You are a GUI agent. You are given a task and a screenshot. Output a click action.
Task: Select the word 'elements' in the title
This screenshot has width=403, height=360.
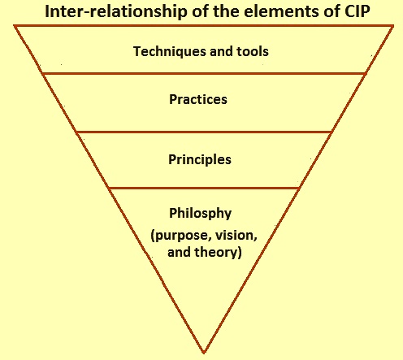click(x=278, y=11)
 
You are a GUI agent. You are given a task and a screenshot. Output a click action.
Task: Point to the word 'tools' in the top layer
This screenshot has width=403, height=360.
click(x=253, y=51)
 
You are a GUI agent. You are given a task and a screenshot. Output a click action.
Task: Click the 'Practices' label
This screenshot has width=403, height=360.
click(x=198, y=99)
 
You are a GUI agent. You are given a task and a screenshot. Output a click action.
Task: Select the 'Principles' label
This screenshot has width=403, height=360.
click(x=200, y=159)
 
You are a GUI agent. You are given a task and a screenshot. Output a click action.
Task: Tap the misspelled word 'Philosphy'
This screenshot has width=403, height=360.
click(x=201, y=214)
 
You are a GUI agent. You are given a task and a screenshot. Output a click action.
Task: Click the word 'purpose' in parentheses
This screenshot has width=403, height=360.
click(x=180, y=236)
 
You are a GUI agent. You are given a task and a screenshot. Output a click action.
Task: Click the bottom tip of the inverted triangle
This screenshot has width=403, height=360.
click(x=204, y=353)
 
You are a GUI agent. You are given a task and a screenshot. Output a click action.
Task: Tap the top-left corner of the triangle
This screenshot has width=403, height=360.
click(x=15, y=26)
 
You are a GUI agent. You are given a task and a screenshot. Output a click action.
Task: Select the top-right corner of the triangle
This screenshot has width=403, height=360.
click(x=393, y=26)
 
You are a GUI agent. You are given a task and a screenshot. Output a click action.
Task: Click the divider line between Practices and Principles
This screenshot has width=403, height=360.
click(x=204, y=132)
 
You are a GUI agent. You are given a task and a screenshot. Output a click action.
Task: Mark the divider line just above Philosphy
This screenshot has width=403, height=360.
click(x=204, y=188)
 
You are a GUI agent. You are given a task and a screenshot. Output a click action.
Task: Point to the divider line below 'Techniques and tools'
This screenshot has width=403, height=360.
click(x=204, y=73)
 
